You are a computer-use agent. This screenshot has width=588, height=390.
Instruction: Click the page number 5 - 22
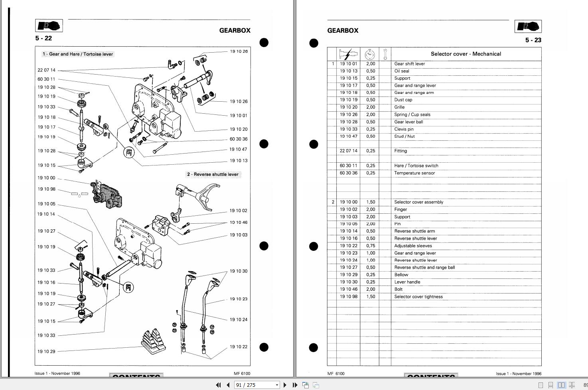(x=43, y=38)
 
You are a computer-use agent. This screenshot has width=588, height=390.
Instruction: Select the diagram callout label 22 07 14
(x=46, y=70)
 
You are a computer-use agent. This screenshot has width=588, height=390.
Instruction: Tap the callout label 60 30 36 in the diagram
(x=239, y=139)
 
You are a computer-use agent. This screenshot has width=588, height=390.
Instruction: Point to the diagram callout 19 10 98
(x=46, y=189)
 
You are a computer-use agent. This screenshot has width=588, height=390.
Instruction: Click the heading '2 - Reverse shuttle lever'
(x=213, y=174)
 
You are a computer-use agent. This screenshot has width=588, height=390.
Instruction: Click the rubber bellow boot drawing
(x=154, y=341)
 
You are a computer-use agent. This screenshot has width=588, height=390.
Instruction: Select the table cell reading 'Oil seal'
(x=402, y=71)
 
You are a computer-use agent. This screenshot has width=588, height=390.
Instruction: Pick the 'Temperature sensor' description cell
(x=414, y=173)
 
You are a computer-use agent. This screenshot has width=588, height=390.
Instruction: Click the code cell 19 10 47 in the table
(x=349, y=136)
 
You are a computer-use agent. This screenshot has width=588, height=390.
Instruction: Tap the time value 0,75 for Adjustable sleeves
(x=371, y=246)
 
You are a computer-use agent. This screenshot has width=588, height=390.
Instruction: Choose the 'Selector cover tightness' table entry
(x=418, y=297)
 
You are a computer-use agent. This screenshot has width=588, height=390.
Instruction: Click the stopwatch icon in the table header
(x=370, y=54)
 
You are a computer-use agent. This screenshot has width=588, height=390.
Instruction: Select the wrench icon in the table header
(x=385, y=54)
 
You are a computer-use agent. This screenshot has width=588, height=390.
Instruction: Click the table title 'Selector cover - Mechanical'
(x=466, y=54)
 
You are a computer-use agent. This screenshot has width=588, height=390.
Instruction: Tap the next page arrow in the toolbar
(x=285, y=385)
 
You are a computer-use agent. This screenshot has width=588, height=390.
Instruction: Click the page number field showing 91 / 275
(x=257, y=385)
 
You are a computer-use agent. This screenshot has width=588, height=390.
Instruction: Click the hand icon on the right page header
(x=528, y=26)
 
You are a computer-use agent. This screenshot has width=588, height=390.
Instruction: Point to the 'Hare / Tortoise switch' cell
(x=416, y=165)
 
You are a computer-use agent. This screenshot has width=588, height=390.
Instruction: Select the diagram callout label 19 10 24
(x=239, y=319)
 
